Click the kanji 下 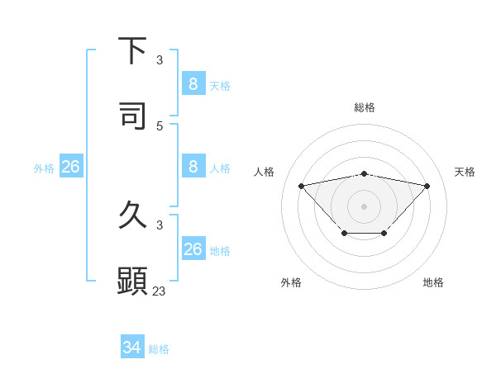coord(132,50)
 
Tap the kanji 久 coord(132,216)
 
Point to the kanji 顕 coord(132,281)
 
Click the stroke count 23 coord(160,291)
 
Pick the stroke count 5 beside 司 coord(160,125)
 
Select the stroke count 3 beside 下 coord(160,59)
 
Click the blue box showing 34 coord(132,348)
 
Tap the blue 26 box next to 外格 coord(70,167)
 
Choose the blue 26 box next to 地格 coord(193,249)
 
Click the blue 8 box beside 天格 coord(193,83)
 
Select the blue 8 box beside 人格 coord(193,167)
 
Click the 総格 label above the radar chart coord(365,107)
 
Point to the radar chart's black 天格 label coord(465,172)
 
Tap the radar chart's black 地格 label coord(433,282)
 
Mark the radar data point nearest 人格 coord(301,186)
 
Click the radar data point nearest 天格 coord(427,186)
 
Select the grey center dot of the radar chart coord(365,206)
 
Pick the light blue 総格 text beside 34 coord(159,349)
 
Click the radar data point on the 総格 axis coord(365,173)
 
